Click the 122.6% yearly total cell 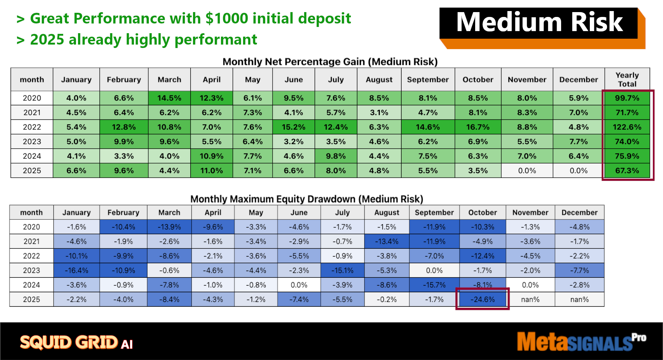pyautogui.click(x=627, y=127)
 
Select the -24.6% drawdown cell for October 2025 pyautogui.click(x=483, y=299)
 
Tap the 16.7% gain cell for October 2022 pyautogui.click(x=478, y=127)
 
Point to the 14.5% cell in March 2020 pyautogui.click(x=169, y=98)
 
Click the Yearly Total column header pyautogui.click(x=627, y=79)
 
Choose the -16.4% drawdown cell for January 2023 pyautogui.click(x=77, y=270)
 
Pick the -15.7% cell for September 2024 pyautogui.click(x=434, y=285)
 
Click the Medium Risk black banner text pyautogui.click(x=539, y=22)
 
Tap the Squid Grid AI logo pyautogui.click(x=76, y=342)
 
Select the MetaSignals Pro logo pyautogui.click(x=582, y=341)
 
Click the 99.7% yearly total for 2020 pyautogui.click(x=627, y=98)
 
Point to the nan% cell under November pyautogui.click(x=530, y=299)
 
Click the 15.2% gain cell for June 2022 pyautogui.click(x=294, y=127)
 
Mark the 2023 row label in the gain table pyautogui.click(x=32, y=141)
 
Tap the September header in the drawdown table pyautogui.click(x=434, y=212)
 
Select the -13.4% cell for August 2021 pyautogui.click(x=387, y=241)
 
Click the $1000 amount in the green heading pyautogui.click(x=227, y=18)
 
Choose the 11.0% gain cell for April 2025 pyautogui.click(x=211, y=170)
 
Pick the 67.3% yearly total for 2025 pyautogui.click(x=627, y=170)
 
